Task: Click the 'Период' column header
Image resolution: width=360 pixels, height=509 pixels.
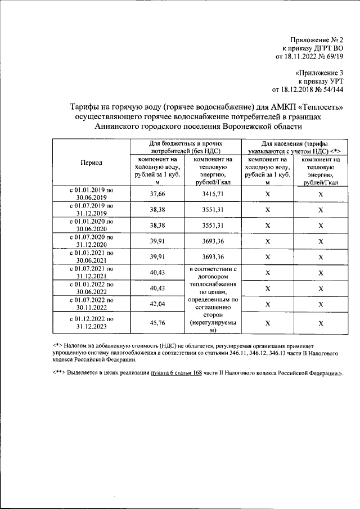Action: [92, 163]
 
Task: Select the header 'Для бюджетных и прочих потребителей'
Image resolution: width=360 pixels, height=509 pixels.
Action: [184, 147]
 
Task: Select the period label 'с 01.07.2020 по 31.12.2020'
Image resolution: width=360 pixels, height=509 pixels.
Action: [92, 241]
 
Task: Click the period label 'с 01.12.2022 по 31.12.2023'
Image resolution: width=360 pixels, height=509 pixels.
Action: [92, 323]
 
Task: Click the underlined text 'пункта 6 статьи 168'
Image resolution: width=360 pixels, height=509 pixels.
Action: [177, 373]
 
